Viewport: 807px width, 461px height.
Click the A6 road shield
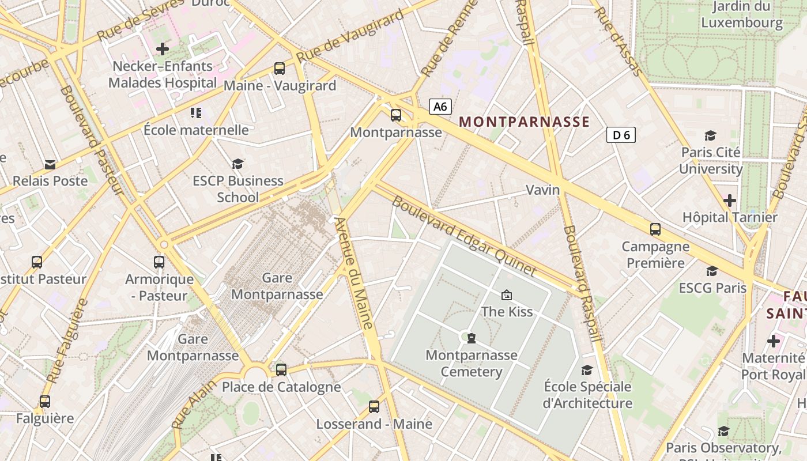[440, 107]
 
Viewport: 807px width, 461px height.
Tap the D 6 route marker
[621, 135]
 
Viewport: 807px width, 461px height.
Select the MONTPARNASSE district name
[524, 122]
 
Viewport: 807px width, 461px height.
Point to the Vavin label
[542, 190]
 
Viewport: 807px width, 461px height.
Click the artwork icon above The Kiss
[507, 295]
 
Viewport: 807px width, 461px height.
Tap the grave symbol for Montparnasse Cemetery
[472, 338]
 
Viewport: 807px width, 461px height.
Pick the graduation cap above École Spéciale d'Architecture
[587, 370]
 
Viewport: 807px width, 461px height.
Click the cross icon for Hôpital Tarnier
[730, 201]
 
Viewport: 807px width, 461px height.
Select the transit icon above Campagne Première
[655, 229]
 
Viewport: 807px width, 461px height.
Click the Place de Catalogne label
[281, 387]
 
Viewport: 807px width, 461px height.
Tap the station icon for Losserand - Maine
[374, 407]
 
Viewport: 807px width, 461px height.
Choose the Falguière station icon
[45, 401]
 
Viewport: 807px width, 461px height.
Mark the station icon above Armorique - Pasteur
[159, 262]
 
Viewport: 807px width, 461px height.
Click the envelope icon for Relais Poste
[50, 164]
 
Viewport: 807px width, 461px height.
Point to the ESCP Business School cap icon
[237, 164]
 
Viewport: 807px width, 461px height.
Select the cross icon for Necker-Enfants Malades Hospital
[163, 49]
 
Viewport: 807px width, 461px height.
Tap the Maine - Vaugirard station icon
[280, 69]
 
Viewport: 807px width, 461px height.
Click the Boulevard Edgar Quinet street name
[464, 237]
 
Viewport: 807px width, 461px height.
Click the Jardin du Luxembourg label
[742, 14]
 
